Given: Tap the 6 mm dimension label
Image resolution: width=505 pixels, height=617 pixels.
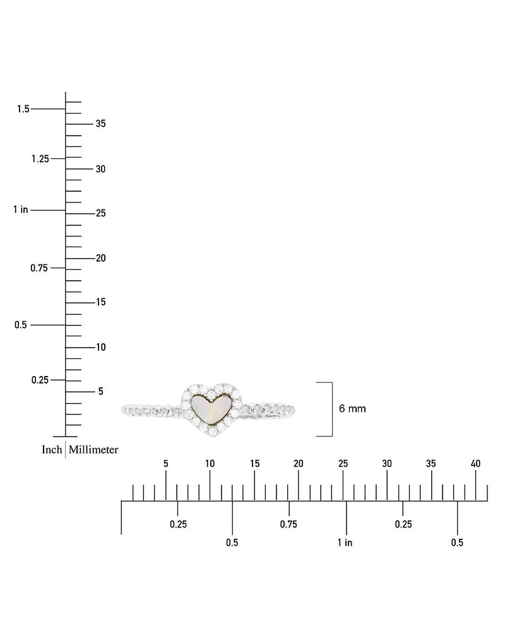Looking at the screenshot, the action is point(352,408).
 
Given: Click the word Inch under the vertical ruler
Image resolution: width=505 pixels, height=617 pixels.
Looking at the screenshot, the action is point(52,449).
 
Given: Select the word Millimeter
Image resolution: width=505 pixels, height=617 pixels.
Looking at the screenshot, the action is point(93,449).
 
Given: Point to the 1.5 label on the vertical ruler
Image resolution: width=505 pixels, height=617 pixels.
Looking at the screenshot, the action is point(23,109).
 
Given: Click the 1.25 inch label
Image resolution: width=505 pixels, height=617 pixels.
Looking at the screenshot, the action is point(40,158).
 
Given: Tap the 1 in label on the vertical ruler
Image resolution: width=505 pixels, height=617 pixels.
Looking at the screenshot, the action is point(20,209).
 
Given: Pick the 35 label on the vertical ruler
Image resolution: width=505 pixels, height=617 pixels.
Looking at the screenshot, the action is point(100,124).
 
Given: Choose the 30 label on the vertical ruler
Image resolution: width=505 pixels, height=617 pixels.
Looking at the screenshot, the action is point(100,169).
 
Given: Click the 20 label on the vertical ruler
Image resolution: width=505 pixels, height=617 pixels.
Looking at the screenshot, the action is point(100,258).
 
